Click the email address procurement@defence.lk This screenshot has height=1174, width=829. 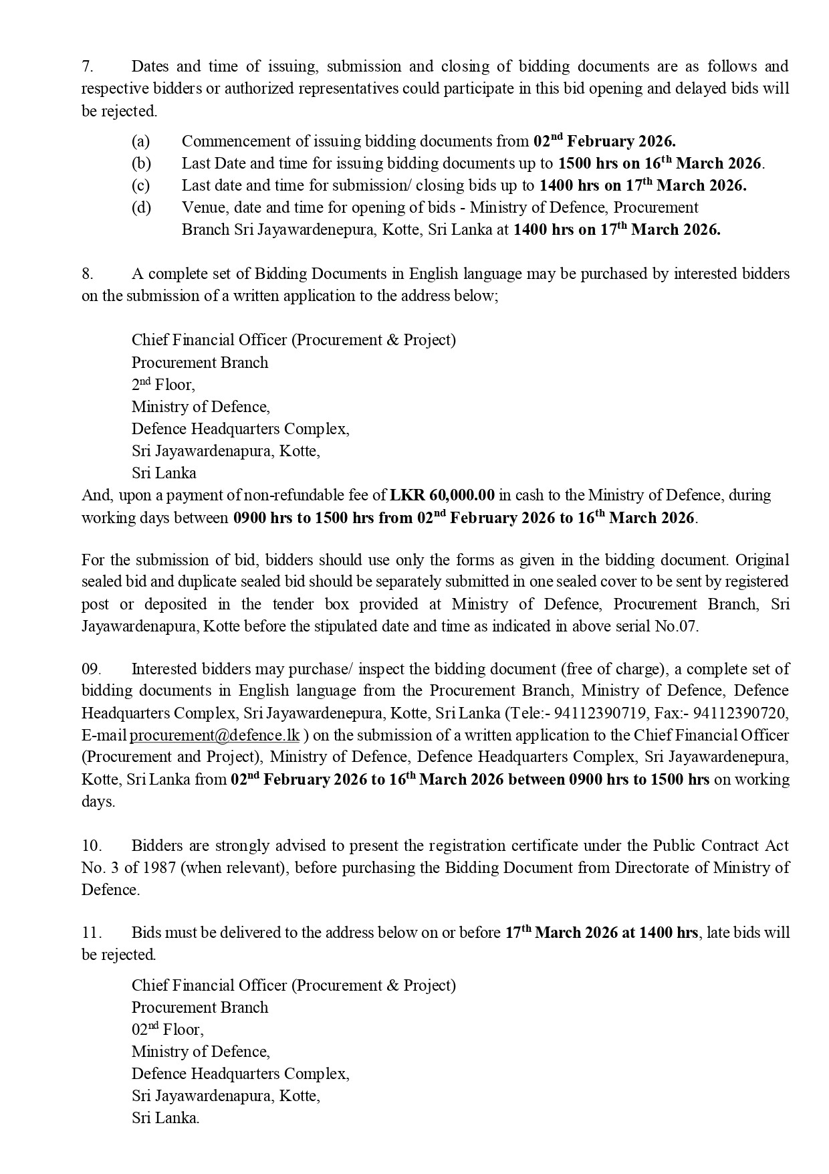(x=215, y=735)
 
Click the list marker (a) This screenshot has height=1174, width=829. (x=140, y=141)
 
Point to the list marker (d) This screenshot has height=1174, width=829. (x=141, y=207)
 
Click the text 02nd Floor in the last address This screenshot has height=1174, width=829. (x=167, y=1030)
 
